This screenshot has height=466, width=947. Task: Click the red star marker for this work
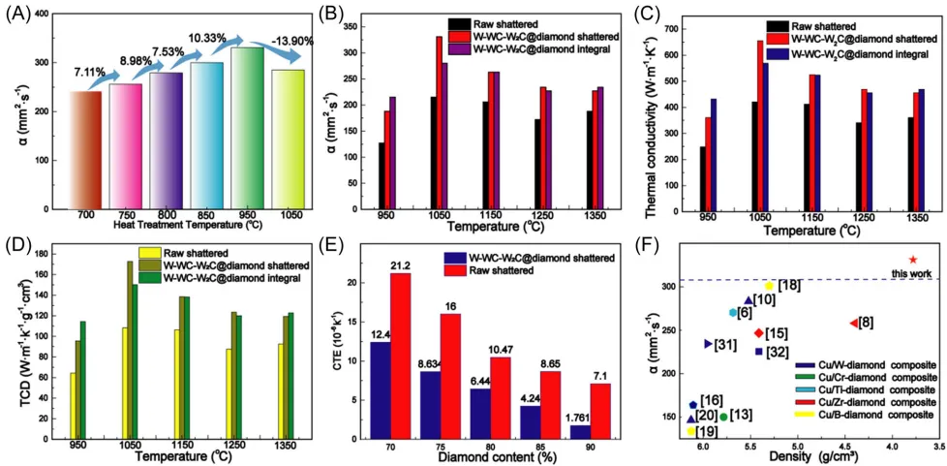(x=912, y=260)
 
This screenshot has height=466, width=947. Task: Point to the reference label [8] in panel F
(x=867, y=322)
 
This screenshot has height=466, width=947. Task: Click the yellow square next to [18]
(x=770, y=286)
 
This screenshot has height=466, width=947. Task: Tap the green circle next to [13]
(x=723, y=418)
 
